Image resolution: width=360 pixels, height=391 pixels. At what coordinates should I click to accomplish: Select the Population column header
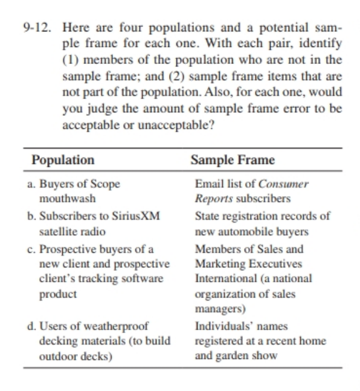click(63, 160)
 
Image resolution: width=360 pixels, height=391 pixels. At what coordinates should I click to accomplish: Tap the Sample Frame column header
click(233, 160)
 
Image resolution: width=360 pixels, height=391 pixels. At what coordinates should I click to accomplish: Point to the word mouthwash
click(67, 198)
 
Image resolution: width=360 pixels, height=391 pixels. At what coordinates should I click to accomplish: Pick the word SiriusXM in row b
click(138, 216)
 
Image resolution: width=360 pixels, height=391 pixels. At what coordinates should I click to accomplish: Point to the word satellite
click(59, 232)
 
